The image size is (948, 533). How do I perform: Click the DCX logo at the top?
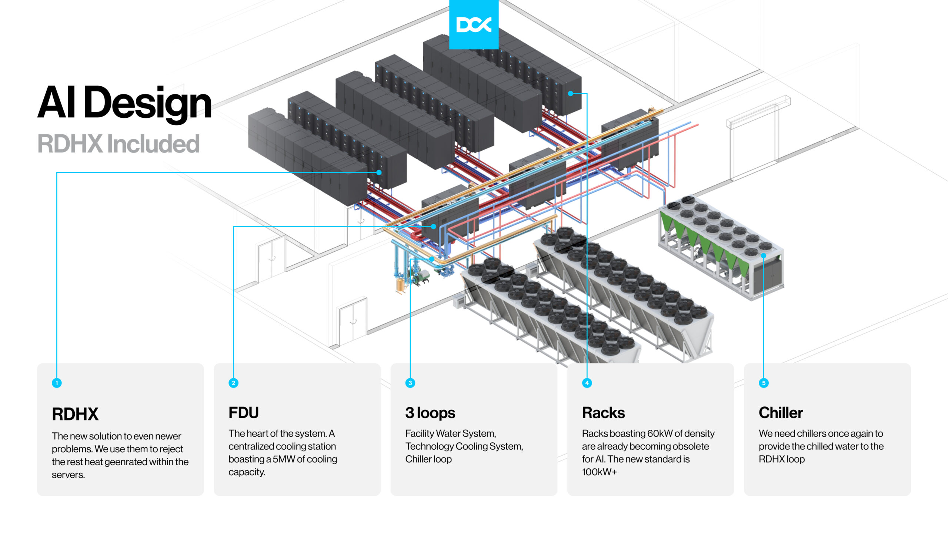[474, 24]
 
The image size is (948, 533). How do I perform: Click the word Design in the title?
[147, 102]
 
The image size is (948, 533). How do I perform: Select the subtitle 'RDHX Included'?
[118, 144]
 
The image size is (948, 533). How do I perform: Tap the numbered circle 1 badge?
[57, 383]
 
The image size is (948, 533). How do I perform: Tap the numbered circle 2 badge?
[233, 383]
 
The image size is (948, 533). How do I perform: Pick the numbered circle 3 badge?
[410, 383]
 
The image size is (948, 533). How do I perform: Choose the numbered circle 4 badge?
[587, 383]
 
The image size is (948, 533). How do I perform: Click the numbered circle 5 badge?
[764, 383]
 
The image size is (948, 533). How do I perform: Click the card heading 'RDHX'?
[75, 414]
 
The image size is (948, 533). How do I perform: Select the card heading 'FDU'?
[243, 413]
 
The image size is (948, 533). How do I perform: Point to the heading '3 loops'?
[430, 413]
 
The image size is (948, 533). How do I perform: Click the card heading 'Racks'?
[603, 413]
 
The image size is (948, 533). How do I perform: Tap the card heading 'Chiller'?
[781, 413]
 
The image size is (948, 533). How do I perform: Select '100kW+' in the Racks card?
[599, 472]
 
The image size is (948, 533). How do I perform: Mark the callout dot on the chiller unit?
[764, 255]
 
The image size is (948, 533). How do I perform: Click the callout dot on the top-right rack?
[571, 93]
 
